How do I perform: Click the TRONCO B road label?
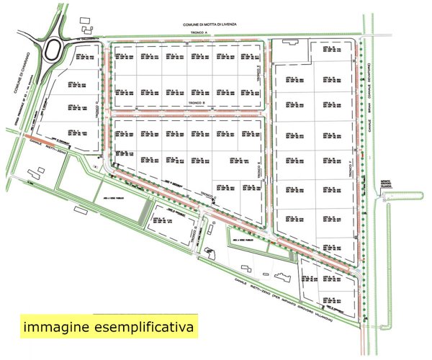pyautogui.click(x=197, y=104)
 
